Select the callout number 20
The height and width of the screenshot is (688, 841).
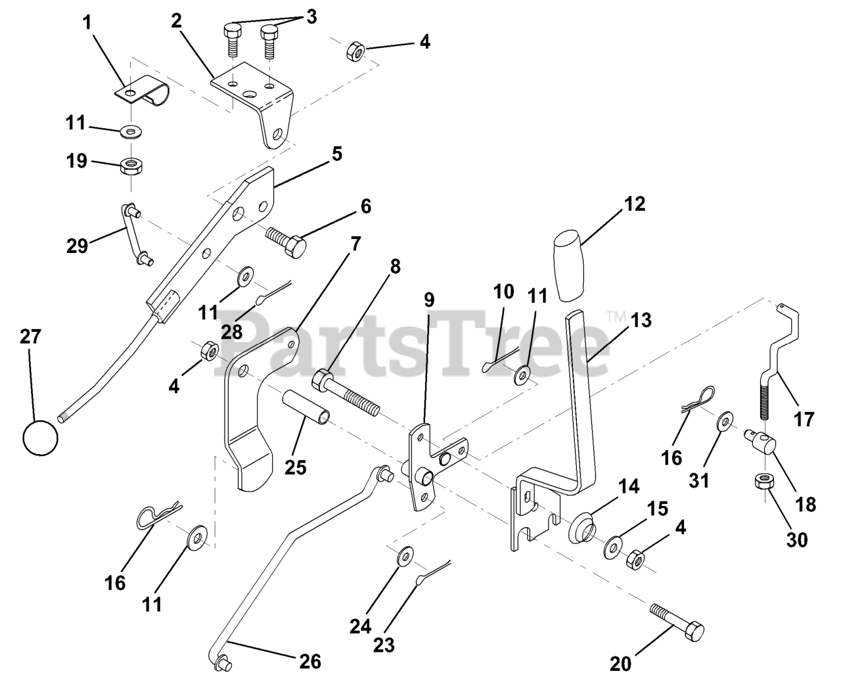[x=620, y=664]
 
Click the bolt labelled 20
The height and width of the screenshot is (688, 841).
[x=677, y=621]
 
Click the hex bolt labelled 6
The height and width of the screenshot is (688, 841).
[x=287, y=240]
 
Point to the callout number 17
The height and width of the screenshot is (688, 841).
[x=804, y=419]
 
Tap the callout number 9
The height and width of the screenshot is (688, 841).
[x=428, y=300]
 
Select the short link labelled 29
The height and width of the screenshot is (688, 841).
[x=133, y=234]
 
